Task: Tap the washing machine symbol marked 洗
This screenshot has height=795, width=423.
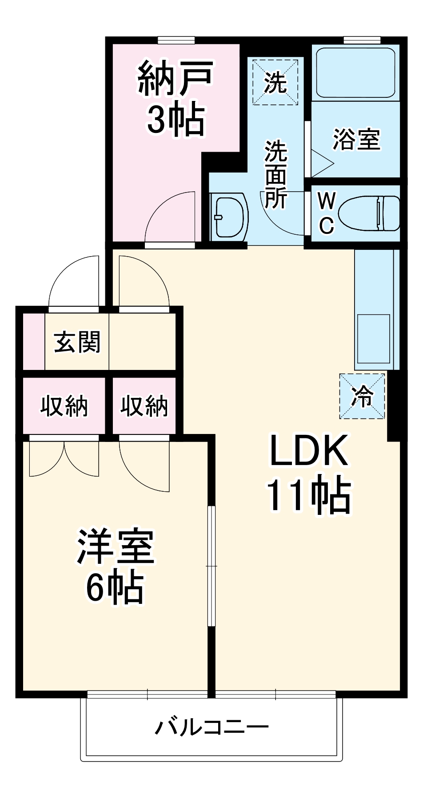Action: pyautogui.click(x=275, y=82)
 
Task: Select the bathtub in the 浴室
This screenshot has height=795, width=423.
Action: pyautogui.click(x=355, y=72)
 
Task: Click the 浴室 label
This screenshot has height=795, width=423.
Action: pyautogui.click(x=356, y=139)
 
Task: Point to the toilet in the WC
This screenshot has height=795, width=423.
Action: pyautogui.click(x=368, y=213)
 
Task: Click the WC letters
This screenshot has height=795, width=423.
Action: pyautogui.click(x=327, y=213)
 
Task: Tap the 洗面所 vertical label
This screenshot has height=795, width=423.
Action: pyautogui.click(x=276, y=174)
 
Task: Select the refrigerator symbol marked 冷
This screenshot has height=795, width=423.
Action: pyautogui.click(x=362, y=396)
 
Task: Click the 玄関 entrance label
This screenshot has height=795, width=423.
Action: pyautogui.click(x=77, y=342)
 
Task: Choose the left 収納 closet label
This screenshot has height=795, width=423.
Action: pyautogui.click(x=64, y=406)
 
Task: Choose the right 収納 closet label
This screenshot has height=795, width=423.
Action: pyautogui.click(x=144, y=406)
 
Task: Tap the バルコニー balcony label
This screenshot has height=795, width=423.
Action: pyautogui.click(x=211, y=727)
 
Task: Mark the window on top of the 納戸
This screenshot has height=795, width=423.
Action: pyautogui.click(x=176, y=40)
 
